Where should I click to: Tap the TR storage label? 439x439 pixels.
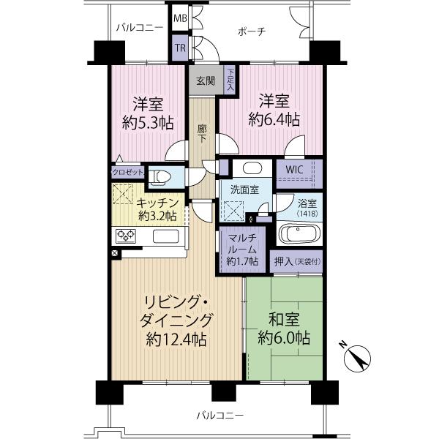(180, 49)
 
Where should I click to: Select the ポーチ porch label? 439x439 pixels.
(251, 31)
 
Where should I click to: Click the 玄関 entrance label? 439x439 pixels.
(205, 81)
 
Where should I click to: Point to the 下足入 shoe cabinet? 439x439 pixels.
(230, 79)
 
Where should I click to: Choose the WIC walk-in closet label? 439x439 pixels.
(294, 170)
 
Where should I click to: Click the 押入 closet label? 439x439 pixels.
(297, 261)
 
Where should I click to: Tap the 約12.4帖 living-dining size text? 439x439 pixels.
(176, 339)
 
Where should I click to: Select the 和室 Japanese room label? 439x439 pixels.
(282, 320)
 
